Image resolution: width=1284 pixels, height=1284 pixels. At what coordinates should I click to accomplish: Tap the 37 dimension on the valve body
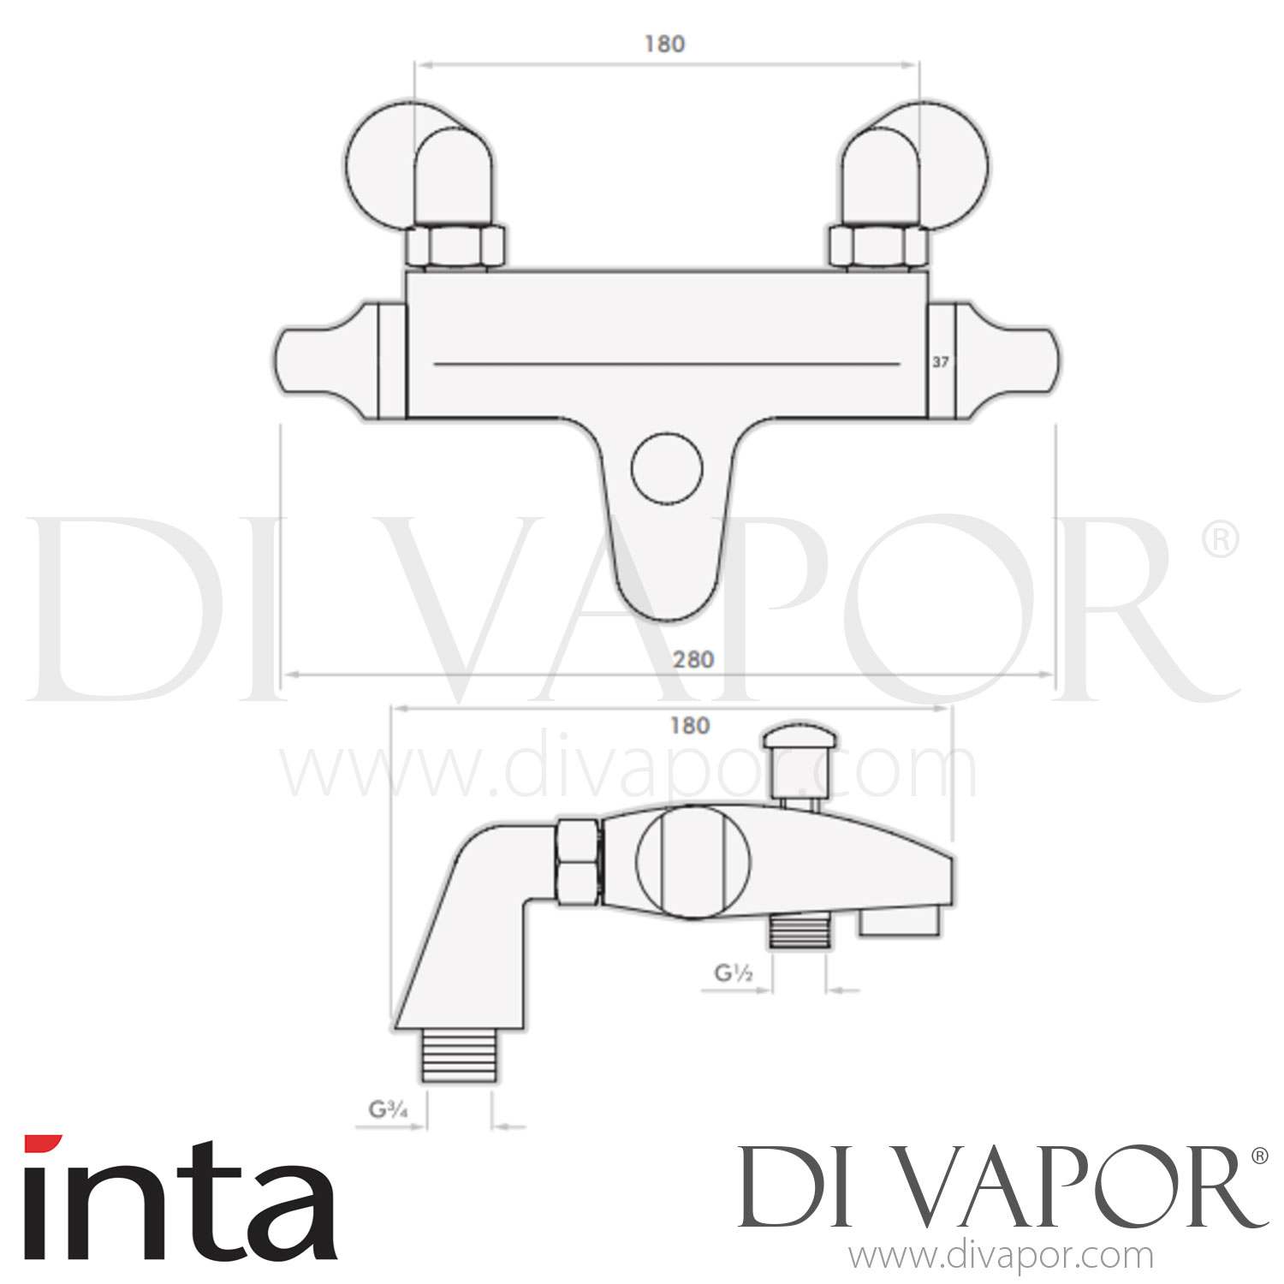940,362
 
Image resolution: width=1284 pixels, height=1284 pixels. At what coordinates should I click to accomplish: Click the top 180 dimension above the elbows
665,44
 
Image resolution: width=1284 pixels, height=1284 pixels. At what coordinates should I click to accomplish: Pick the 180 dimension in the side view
689,726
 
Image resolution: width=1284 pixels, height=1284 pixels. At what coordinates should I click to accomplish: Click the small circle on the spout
667,469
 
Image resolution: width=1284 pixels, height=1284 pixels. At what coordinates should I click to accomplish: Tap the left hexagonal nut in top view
455,247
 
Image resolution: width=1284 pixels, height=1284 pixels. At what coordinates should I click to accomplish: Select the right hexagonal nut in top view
878,247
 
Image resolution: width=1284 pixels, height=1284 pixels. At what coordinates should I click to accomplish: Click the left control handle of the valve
330,360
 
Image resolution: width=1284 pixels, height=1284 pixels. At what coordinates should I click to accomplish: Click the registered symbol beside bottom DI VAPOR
1259,1156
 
